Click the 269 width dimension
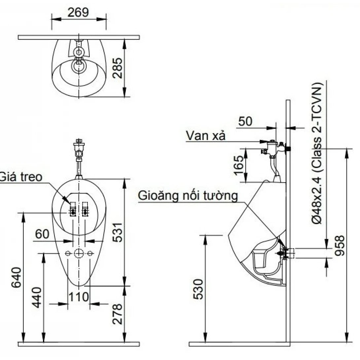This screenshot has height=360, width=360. tap(78, 13)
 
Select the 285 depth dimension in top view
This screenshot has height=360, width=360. tap(118, 68)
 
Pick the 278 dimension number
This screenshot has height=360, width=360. tap(118, 314)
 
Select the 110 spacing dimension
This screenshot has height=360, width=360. tap(79, 297)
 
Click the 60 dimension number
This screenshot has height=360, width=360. tap(42, 234)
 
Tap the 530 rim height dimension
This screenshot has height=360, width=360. tap(198, 289)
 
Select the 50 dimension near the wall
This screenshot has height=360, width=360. tap(245, 121)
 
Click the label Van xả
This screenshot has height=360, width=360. tap(205, 135)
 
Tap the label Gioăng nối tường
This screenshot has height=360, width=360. tap(188, 196)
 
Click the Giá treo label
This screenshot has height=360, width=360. tap(21, 177)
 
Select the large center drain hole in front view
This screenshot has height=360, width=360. tap(79, 253)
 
